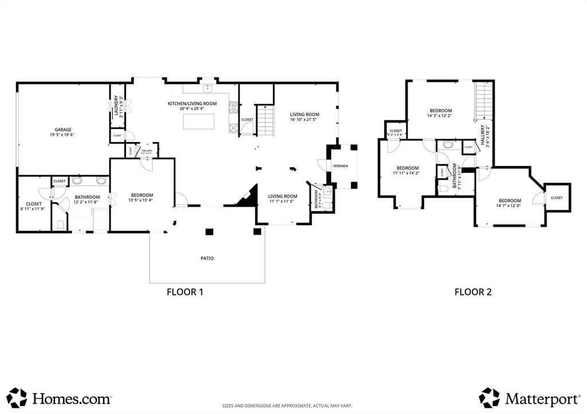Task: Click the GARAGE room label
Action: click(63, 130)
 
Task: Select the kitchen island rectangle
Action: click(199, 121)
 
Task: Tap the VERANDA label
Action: click(341, 166)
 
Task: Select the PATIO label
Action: click(207, 258)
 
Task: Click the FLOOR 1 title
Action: click(185, 291)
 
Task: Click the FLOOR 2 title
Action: click(473, 291)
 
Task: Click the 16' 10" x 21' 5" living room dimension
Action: click(304, 120)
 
